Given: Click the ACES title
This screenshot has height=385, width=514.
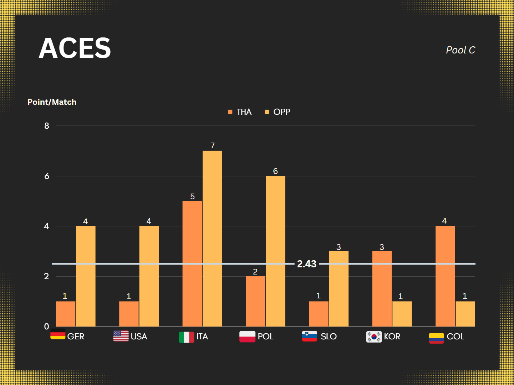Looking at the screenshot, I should point(75,48).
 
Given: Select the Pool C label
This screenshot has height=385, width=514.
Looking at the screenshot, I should point(460,50).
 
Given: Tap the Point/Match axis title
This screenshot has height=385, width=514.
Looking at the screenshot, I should point(52,102).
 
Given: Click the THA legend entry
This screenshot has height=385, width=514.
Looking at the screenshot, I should point(240,112).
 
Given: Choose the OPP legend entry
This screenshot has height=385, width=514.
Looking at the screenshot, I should point(278,112).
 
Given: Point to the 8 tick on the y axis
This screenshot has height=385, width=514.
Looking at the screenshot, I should point(47,126).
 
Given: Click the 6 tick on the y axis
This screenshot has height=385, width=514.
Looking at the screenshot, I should point(47,176).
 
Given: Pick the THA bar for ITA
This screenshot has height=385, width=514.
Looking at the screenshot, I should point(192,263).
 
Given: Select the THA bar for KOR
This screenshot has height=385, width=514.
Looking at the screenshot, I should point(382,288).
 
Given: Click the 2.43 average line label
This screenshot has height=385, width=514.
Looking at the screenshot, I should point(307,264).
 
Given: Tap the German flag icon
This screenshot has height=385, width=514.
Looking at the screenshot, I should point(58,335).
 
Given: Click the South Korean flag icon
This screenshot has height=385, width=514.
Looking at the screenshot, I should point(374,337).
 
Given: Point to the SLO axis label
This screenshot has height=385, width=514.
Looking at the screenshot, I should point(329,337).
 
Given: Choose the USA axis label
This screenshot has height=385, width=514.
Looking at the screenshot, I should point(139,337).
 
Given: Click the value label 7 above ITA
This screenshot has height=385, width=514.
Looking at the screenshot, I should point(213,145).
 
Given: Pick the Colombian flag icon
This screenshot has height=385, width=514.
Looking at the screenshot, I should point(436,338).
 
